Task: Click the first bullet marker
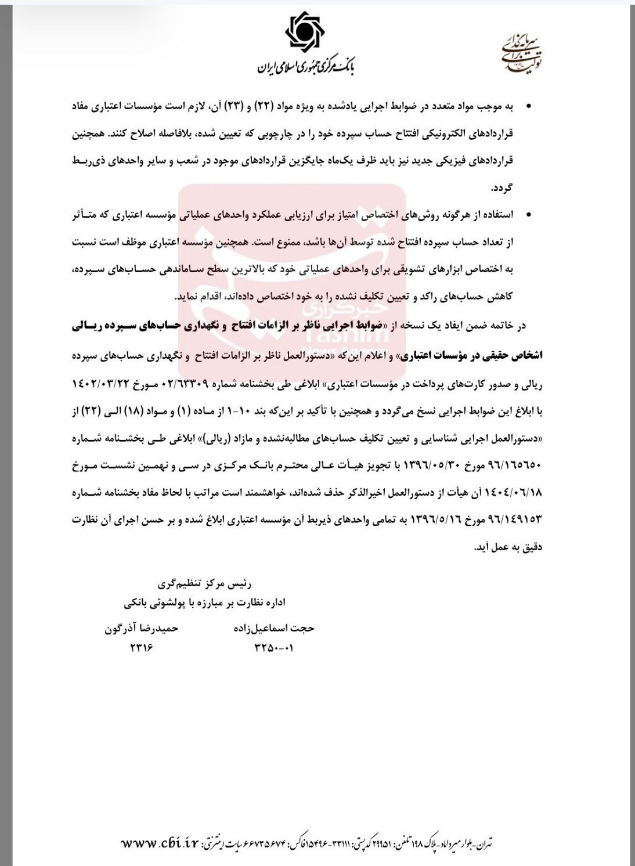528,107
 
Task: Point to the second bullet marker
528,215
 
